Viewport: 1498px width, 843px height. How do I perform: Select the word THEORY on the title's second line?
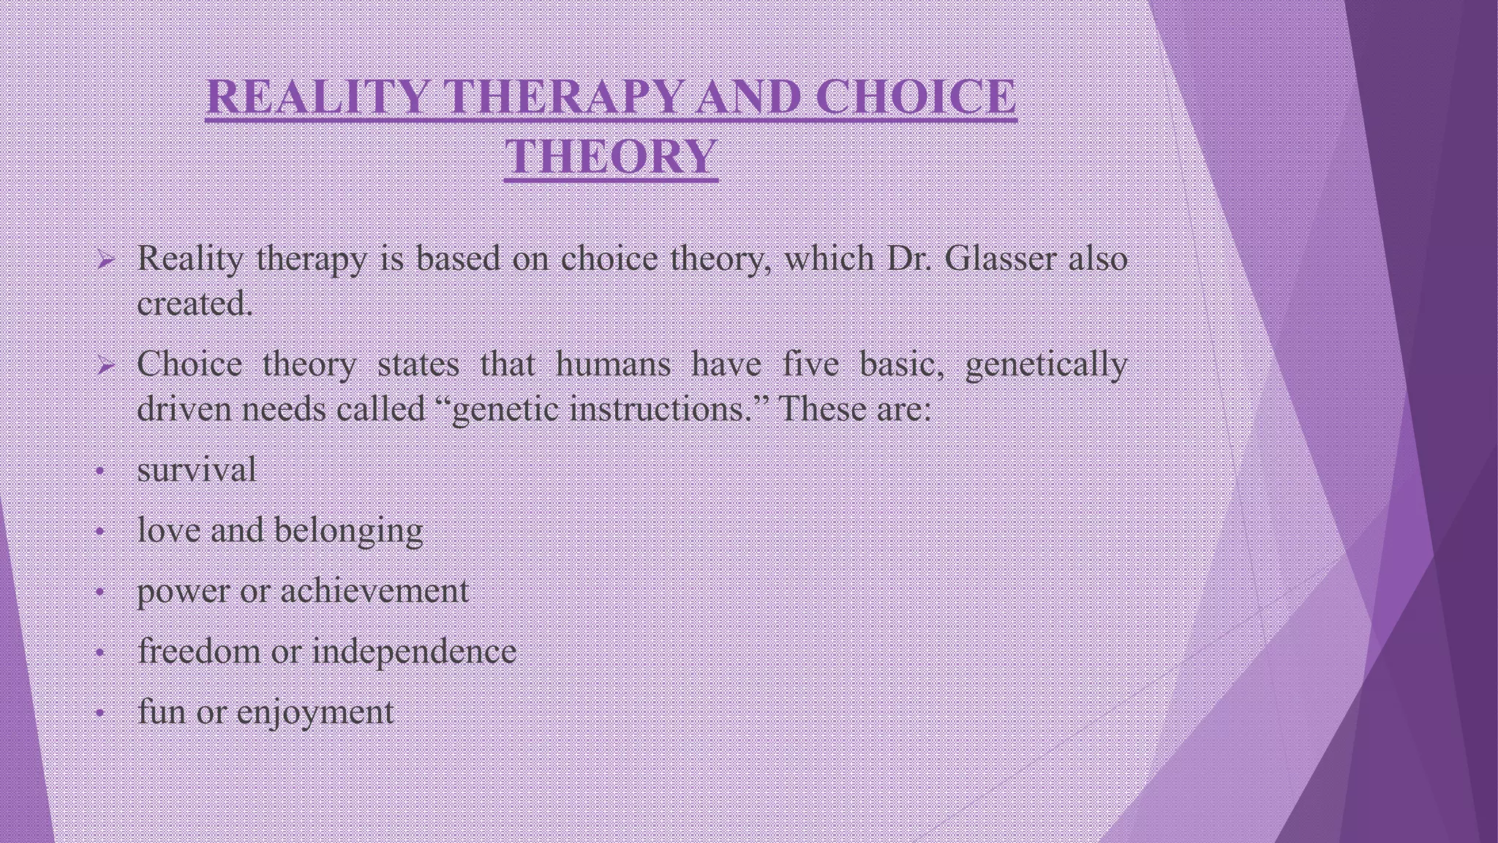tap(611, 157)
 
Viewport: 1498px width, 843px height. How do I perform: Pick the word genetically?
tap(1045, 364)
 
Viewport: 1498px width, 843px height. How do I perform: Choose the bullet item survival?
tap(196, 470)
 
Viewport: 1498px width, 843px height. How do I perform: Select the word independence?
tap(414, 651)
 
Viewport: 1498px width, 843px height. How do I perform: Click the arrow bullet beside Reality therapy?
tap(104, 260)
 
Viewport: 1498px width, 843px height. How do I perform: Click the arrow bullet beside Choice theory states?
tap(104, 366)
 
